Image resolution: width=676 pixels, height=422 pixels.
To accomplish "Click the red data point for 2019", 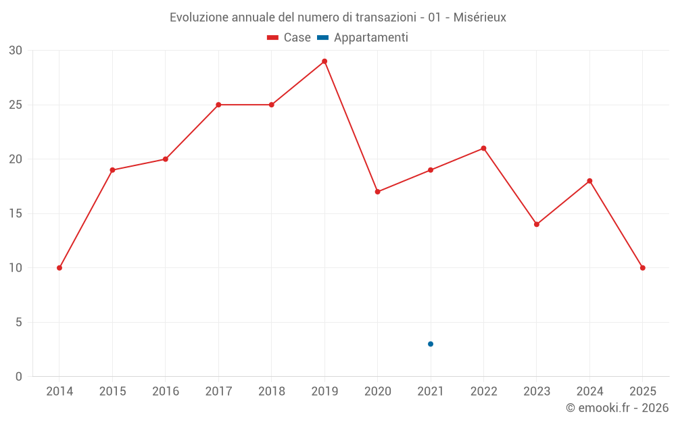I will [x=324, y=61].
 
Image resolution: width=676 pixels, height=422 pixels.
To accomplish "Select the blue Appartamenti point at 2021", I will [x=431, y=344].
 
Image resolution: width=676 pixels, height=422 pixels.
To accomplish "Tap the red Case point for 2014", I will [x=59, y=268].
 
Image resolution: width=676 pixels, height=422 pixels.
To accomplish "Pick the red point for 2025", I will [x=643, y=268].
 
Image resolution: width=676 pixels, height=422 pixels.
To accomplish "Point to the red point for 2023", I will [x=537, y=224].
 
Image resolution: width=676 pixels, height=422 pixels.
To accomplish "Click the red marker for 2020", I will [x=378, y=192].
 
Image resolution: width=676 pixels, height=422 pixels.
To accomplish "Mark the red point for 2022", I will [x=483, y=149].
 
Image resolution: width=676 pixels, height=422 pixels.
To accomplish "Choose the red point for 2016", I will [x=166, y=159].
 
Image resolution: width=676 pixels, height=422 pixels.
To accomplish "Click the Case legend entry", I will [x=289, y=38].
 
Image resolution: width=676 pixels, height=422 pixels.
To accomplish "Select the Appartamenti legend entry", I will [x=363, y=38].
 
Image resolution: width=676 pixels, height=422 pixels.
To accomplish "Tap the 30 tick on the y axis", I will [x=16, y=51].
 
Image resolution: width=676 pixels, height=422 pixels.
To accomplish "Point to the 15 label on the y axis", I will [x=16, y=214].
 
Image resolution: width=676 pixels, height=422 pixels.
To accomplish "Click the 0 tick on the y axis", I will [x=19, y=377].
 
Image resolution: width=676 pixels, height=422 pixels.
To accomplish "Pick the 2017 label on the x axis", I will [x=218, y=392].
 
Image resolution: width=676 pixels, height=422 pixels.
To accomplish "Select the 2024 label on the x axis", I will [x=589, y=392].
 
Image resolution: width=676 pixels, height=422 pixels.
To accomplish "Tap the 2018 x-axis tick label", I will [x=272, y=392].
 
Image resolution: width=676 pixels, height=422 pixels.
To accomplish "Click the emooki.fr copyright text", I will [x=617, y=408].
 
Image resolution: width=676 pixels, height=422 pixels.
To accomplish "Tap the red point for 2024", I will [x=589, y=181].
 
